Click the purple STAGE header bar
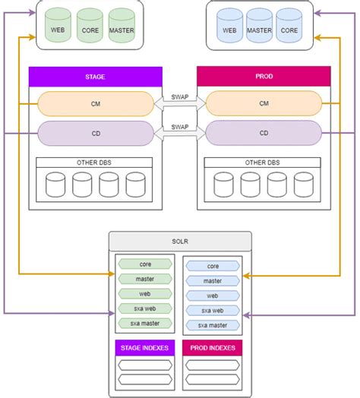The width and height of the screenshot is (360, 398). coord(96,76)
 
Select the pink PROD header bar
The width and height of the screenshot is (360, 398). coord(264,76)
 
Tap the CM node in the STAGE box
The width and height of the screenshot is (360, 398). coord(96,104)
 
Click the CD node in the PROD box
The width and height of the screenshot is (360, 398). coord(264,133)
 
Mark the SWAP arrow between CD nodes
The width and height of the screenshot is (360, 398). coord(180,128)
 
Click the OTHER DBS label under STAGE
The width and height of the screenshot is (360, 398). coord(95,163)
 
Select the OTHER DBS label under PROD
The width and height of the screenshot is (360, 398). coord(264,163)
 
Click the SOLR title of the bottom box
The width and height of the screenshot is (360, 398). coord(180,241)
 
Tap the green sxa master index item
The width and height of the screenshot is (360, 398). coord(145,324)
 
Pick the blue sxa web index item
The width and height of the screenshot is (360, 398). coord(213,311)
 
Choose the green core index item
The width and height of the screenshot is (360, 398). coord(145,265)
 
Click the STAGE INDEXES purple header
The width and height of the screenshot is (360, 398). coord(144,348)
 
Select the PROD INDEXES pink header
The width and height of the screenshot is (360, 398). coord(213,348)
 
